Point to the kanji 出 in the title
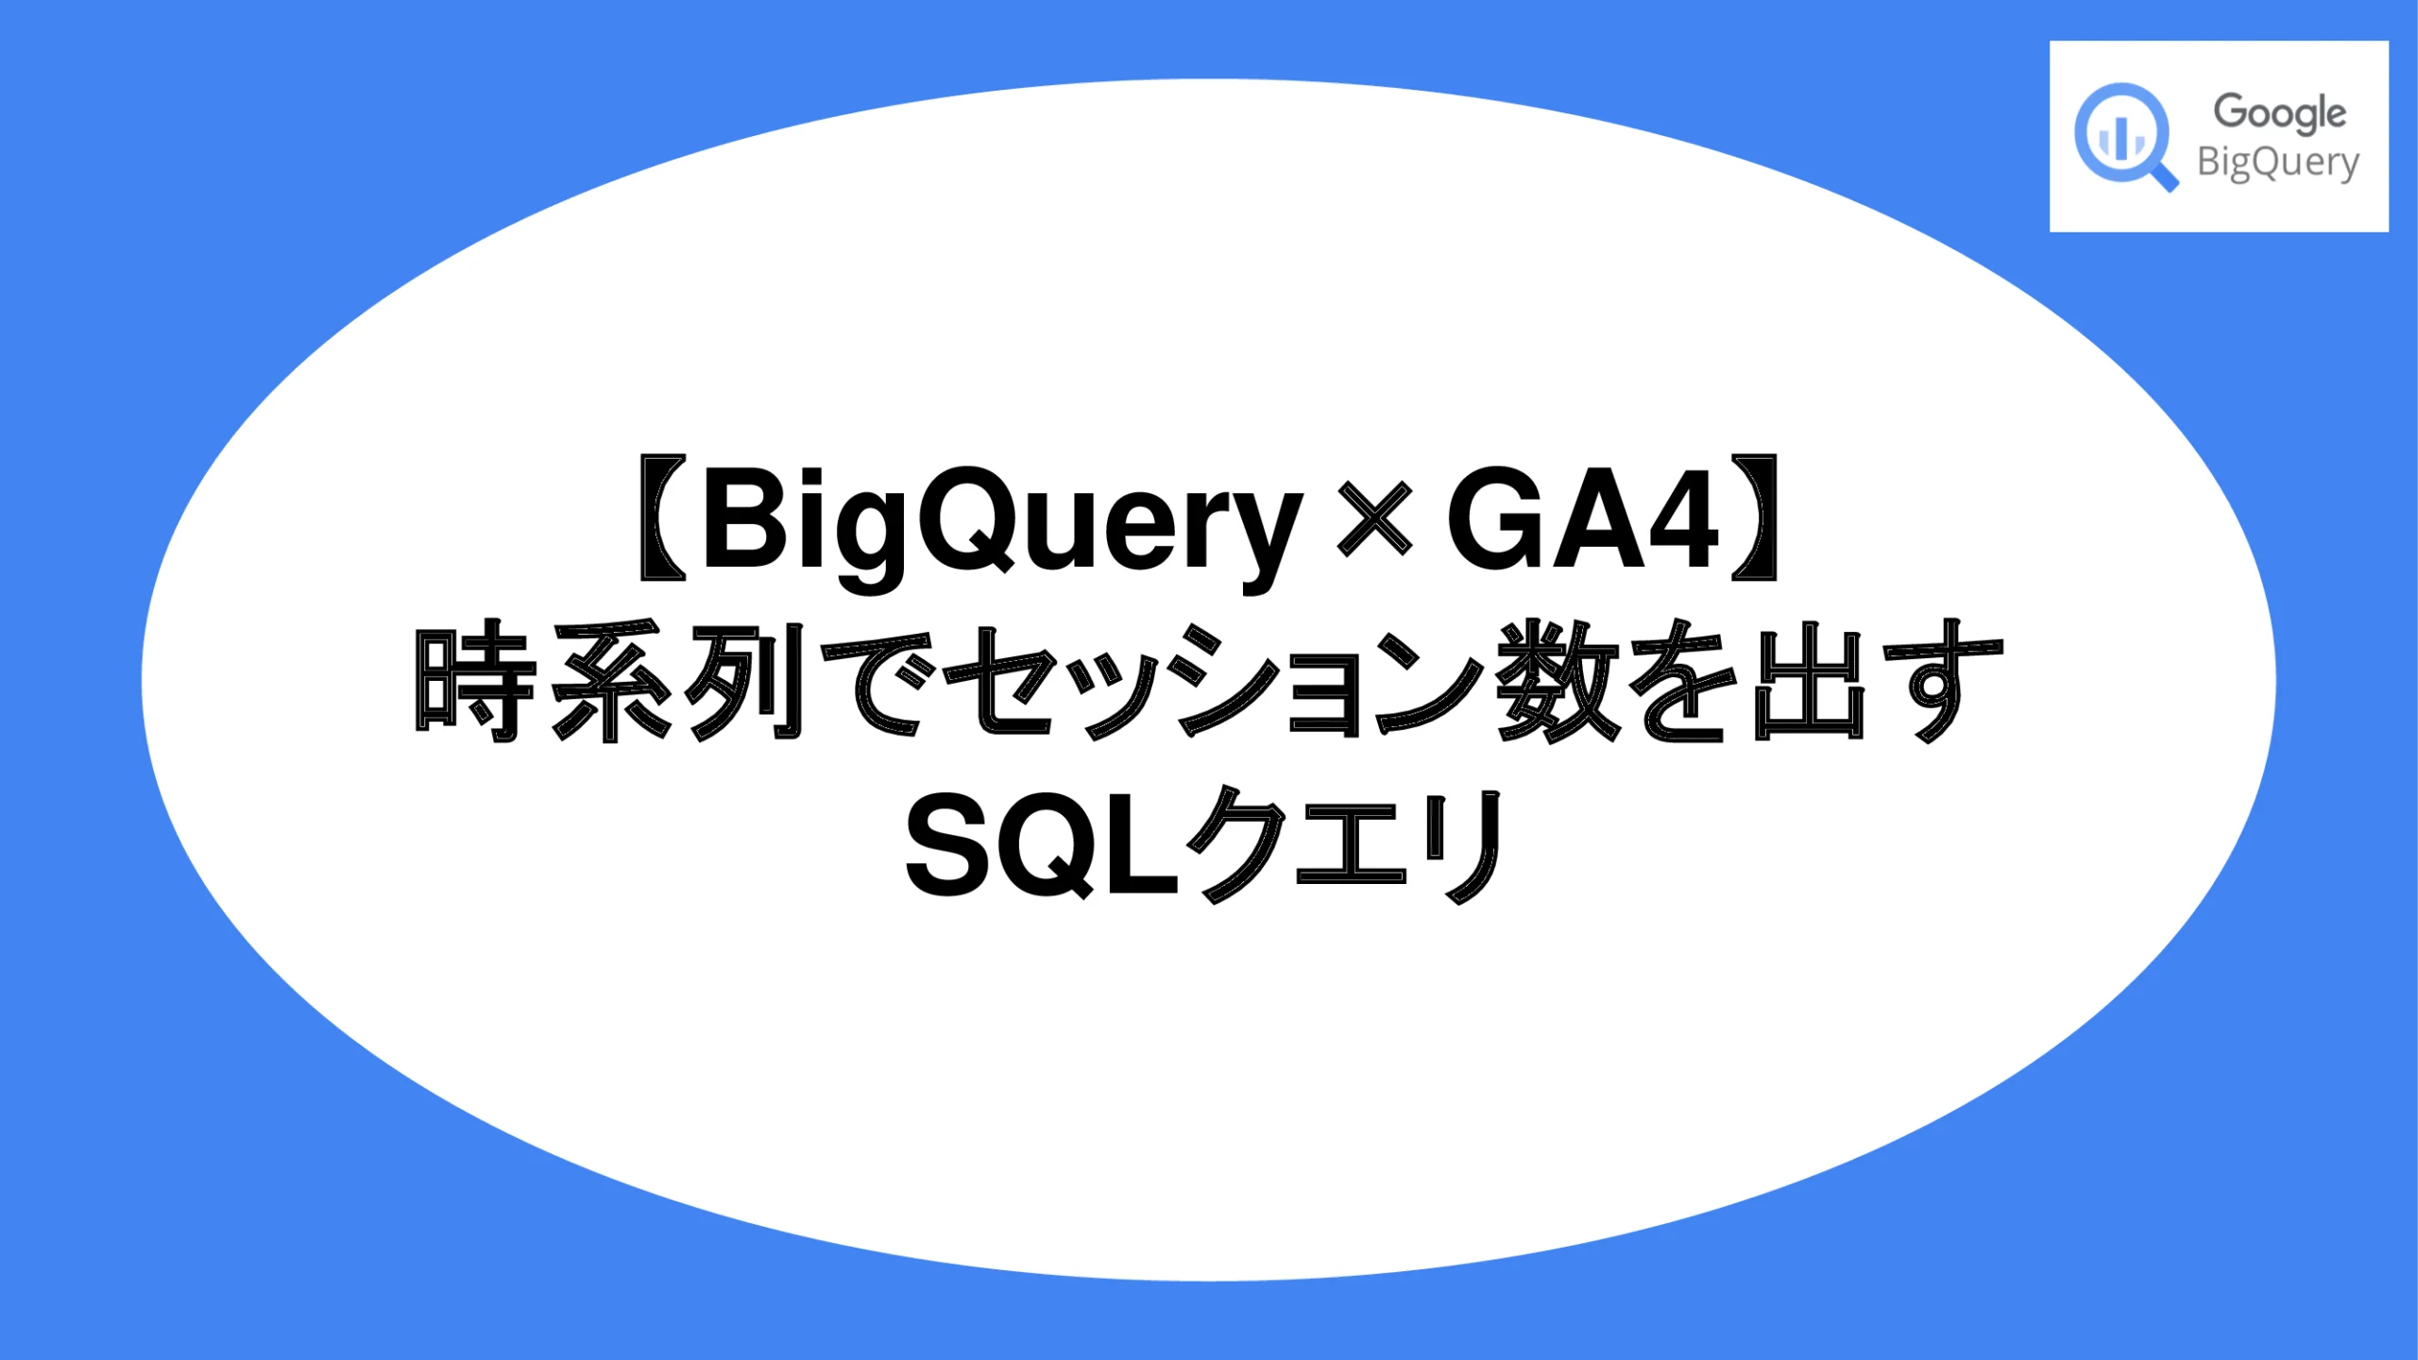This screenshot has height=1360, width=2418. pos(1809,682)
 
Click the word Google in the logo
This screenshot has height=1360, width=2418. pos(2279,112)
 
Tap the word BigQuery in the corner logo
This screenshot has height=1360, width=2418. pos(2277,162)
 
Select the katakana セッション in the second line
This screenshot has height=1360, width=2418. pos(1213,682)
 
